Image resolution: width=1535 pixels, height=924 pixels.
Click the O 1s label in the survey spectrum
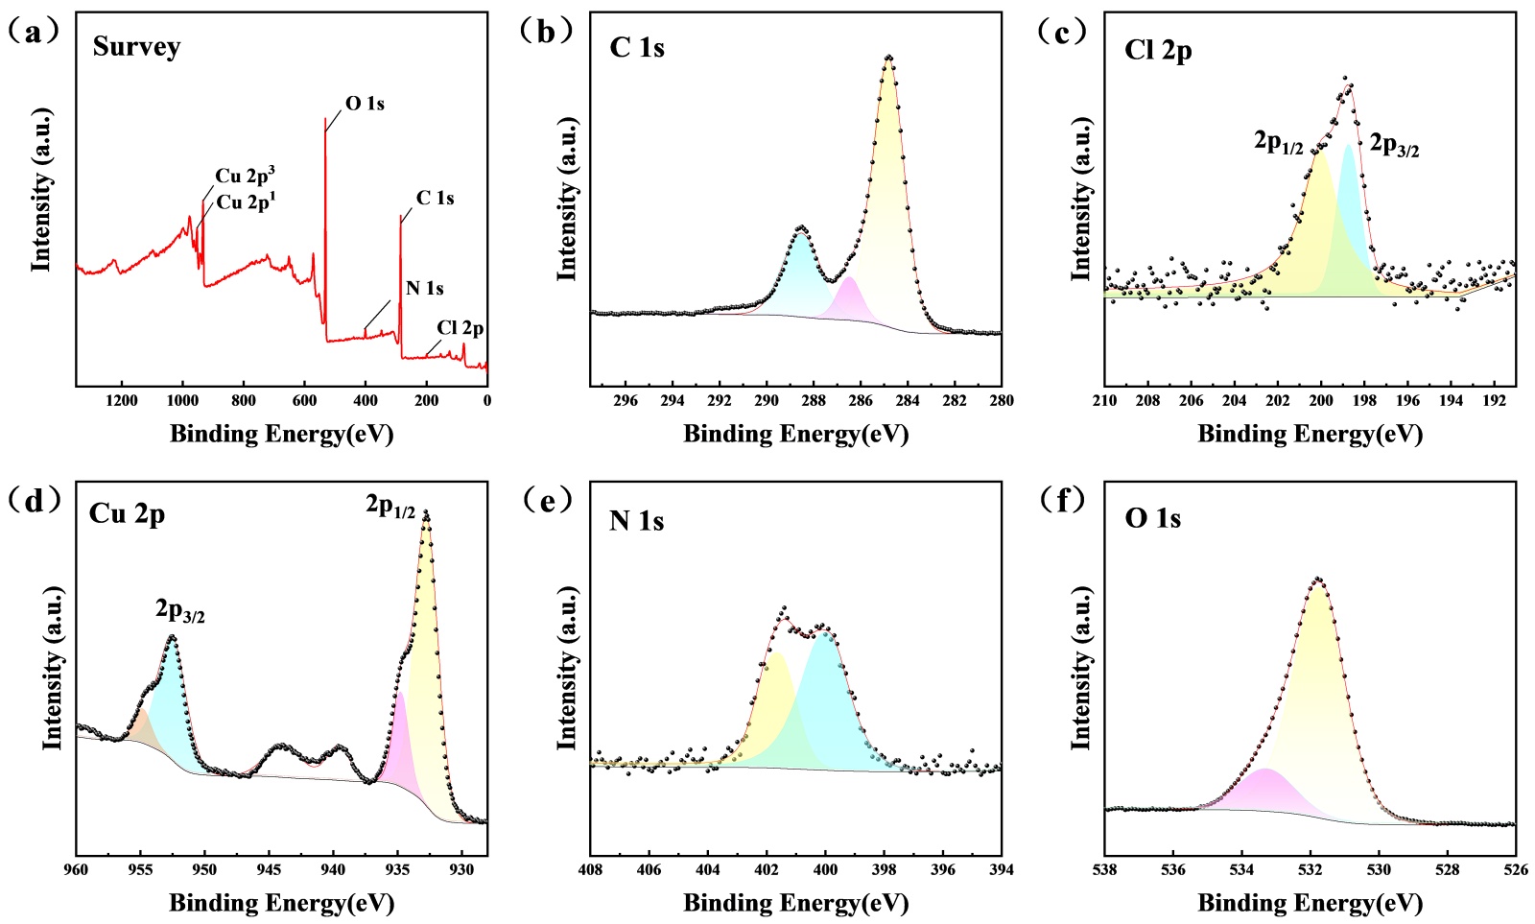[x=365, y=104]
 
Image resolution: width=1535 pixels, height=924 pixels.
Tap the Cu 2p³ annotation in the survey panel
[x=246, y=176]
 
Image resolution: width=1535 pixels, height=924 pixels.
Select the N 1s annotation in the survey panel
[x=424, y=288]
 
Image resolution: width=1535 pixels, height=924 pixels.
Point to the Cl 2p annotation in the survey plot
[x=460, y=328]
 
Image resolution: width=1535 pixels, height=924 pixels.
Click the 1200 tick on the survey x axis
[x=121, y=400]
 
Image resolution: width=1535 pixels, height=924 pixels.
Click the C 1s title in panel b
[x=637, y=48]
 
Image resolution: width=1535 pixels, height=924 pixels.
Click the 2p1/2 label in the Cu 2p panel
[x=390, y=506]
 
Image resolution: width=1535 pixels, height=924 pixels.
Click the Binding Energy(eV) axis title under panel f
[x=1310, y=903]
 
